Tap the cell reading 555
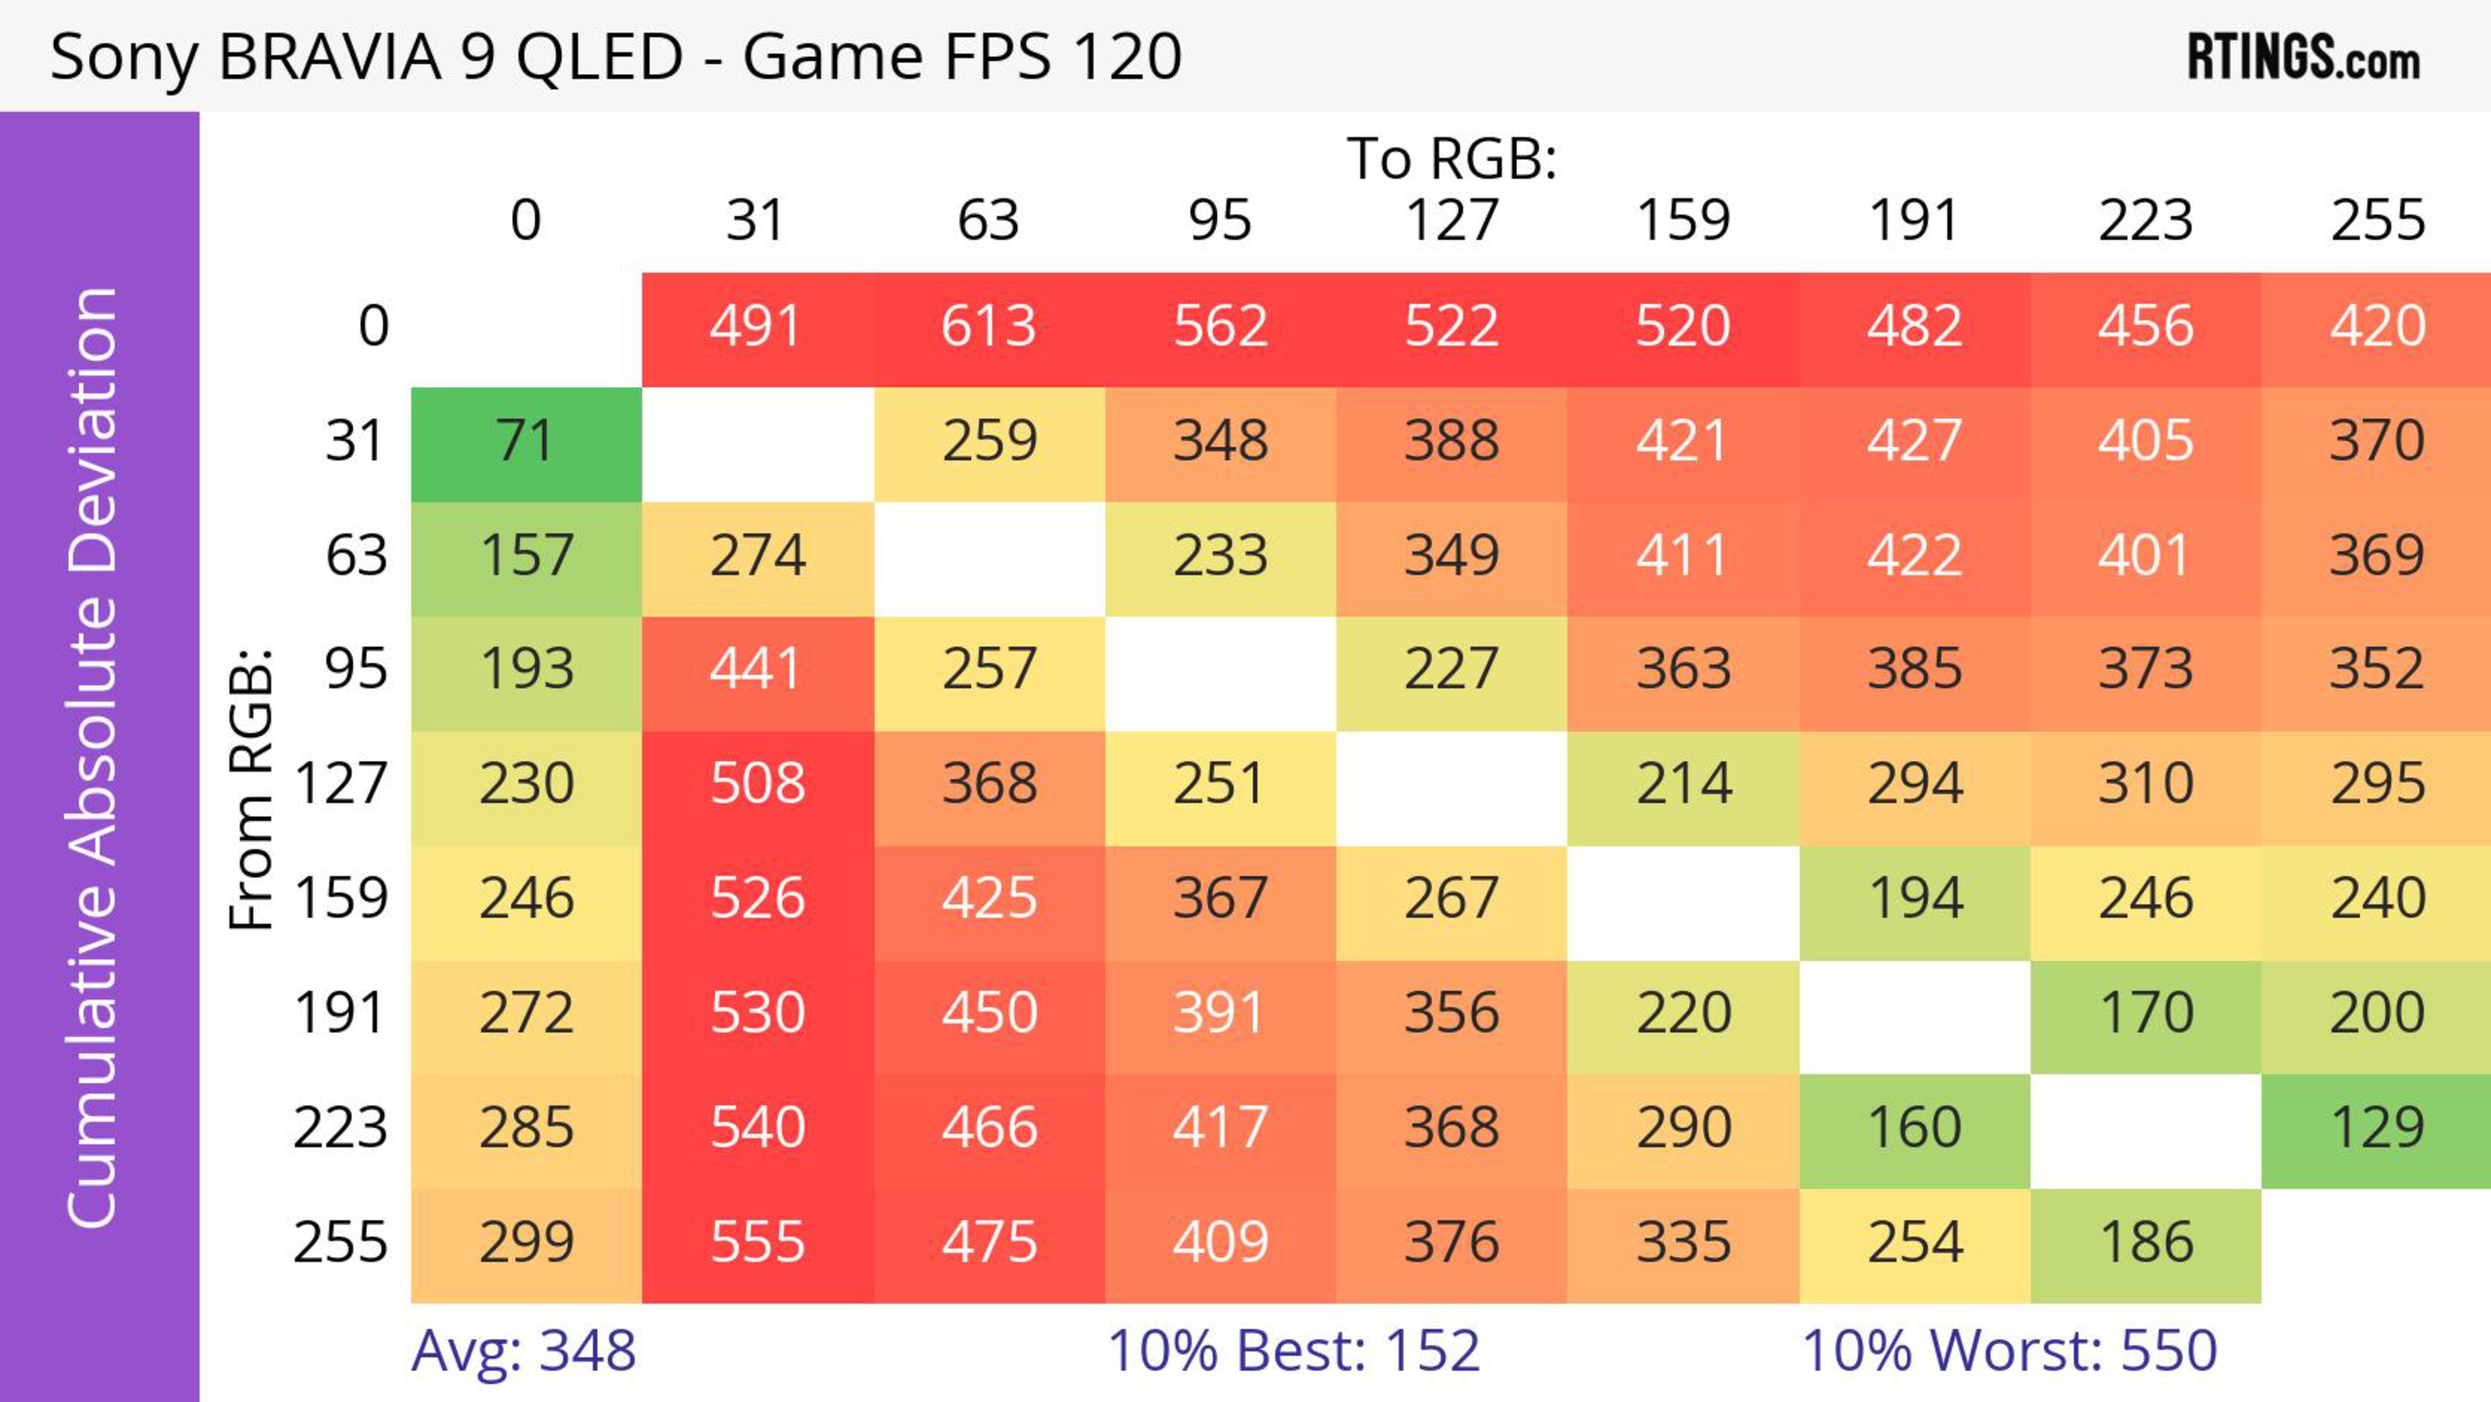(757, 1242)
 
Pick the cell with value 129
(2377, 1128)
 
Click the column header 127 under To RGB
(1452, 221)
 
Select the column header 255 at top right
(2377, 221)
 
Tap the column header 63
(988, 221)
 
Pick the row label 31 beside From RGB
(356, 441)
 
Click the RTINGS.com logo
(2304, 58)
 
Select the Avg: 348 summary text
(523, 1351)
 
